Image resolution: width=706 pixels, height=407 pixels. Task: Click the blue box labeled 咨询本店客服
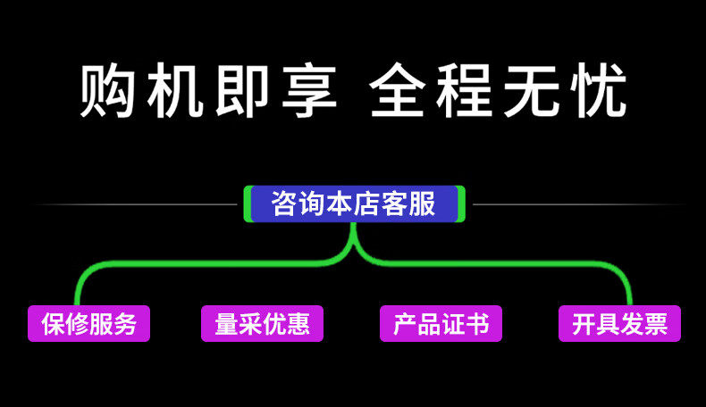coord(354,203)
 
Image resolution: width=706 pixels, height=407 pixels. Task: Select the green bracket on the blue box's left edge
coord(247,203)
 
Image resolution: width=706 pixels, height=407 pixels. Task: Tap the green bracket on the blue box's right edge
coord(462,203)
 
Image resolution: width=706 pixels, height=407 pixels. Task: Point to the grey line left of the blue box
coord(134,204)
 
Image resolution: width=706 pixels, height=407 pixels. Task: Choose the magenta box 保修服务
coord(88,323)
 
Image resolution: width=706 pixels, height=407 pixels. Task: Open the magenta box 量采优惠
coord(262,323)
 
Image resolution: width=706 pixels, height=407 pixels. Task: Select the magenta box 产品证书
coord(441,323)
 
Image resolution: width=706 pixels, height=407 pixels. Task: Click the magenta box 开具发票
coord(619,323)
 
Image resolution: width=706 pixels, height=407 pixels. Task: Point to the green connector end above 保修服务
coord(78,299)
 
